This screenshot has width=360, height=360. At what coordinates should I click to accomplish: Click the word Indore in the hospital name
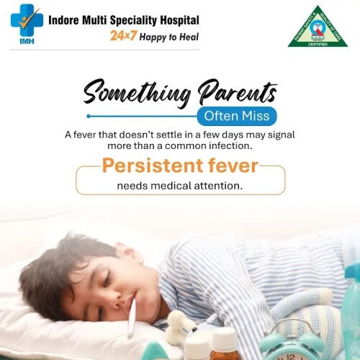pos(65,20)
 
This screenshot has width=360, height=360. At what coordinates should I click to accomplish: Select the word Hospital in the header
pos(179,20)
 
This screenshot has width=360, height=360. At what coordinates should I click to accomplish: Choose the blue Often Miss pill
pos(235,116)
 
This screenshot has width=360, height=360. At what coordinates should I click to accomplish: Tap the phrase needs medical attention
pos(180,186)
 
